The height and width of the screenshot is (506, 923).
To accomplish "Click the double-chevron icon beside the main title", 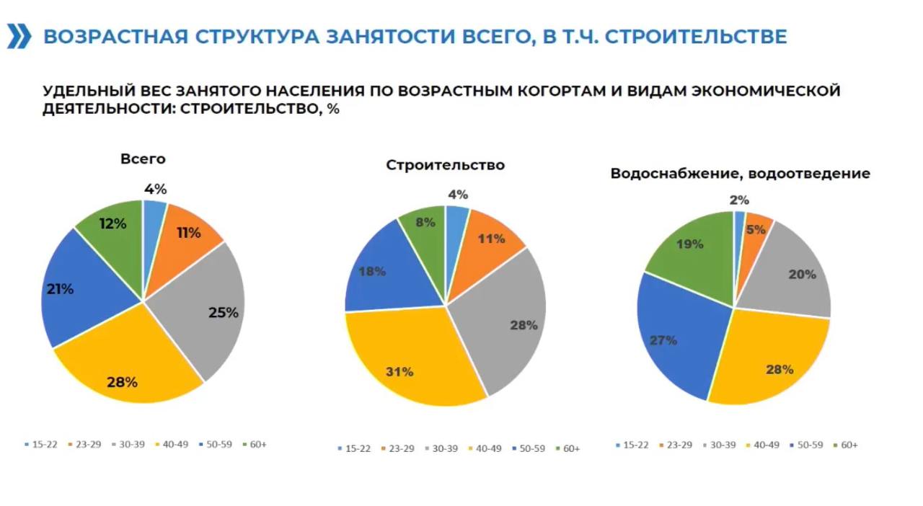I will pyautogui.click(x=19, y=37).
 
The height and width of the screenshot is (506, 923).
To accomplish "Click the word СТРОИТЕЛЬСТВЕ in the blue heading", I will pyautogui.click(x=695, y=37).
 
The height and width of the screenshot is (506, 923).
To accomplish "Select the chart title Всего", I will pyautogui.click(x=143, y=159).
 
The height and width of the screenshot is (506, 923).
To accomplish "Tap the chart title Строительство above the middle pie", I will pyautogui.click(x=445, y=165).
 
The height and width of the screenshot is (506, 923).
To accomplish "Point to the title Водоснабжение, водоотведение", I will pyautogui.click(x=740, y=174).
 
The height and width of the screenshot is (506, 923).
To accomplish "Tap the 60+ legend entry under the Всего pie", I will pyautogui.click(x=255, y=444).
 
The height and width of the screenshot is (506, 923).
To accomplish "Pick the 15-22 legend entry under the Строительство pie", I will pyautogui.click(x=354, y=448).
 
